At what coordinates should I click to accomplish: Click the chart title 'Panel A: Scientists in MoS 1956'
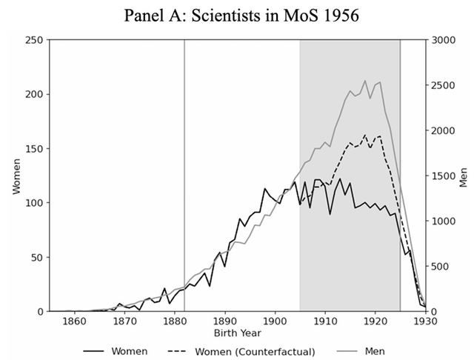[x=237, y=16]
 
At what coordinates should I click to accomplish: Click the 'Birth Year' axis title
[x=237, y=335]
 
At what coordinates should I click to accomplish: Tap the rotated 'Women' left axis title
[x=16, y=176]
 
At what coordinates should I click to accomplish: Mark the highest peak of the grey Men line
[x=365, y=81]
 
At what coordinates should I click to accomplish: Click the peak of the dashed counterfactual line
[x=365, y=135]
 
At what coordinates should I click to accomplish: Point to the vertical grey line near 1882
[x=184, y=176]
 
